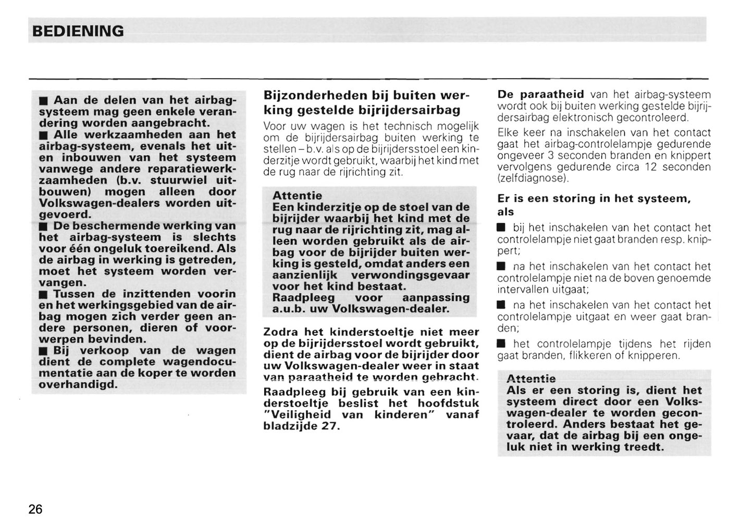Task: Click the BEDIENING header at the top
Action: [78, 31]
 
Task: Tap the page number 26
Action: [35, 509]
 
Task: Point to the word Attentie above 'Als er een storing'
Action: [531, 378]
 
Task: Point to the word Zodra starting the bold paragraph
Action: [281, 332]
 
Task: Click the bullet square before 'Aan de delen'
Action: [44, 100]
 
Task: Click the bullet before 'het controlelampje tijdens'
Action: [501, 344]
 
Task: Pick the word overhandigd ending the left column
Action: [78, 385]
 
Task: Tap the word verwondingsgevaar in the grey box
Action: [410, 275]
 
